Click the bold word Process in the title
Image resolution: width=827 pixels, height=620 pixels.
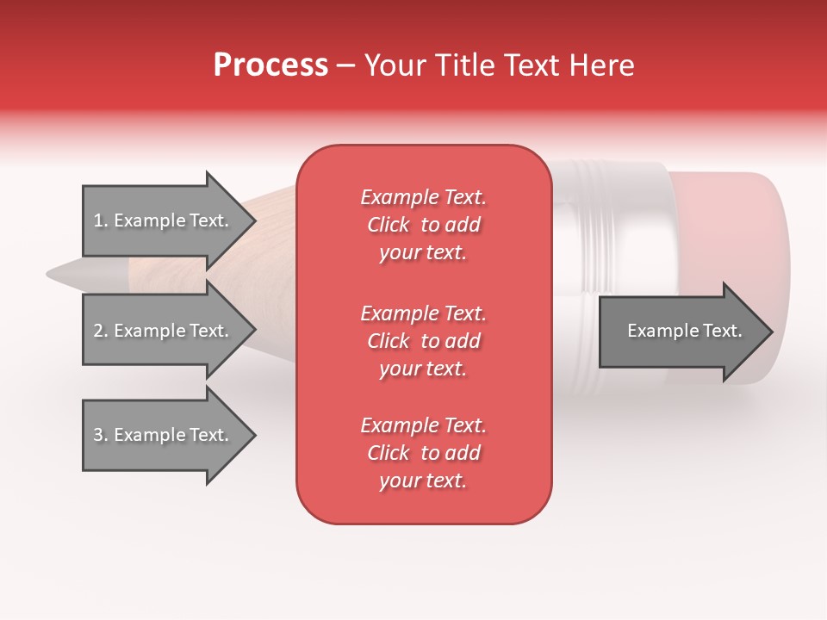tap(270, 65)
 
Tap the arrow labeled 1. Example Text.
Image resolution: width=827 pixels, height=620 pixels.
tap(164, 220)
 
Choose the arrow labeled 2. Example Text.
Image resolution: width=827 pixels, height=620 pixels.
tap(164, 331)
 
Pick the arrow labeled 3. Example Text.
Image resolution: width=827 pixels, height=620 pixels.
tap(164, 435)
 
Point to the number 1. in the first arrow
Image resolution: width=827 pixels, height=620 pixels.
tap(101, 221)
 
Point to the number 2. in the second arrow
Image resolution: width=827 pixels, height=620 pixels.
tap(101, 332)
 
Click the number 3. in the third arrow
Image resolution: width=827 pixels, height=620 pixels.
tap(101, 436)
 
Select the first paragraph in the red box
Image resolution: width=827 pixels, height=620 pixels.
tap(423, 225)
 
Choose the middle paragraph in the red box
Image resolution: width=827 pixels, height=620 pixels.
tap(423, 341)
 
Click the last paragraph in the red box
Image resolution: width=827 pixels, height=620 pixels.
tap(423, 453)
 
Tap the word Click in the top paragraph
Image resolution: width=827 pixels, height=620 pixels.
tap(388, 226)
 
